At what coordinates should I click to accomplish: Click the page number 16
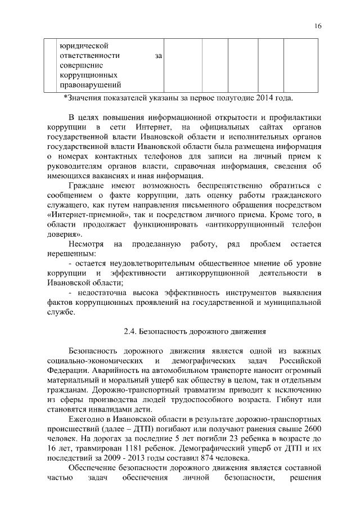click(x=318, y=26)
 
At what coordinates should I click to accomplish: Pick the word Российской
click(x=299, y=360)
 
